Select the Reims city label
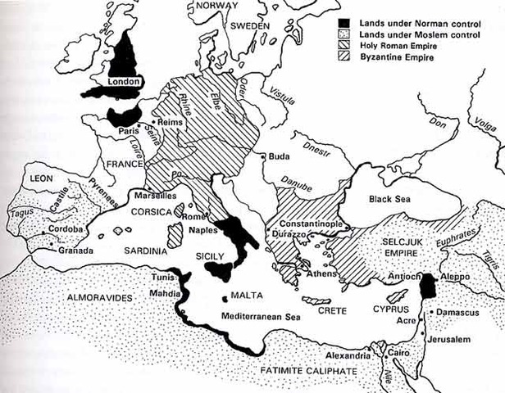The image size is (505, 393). pyautogui.click(x=171, y=120)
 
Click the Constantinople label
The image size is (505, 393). pyautogui.click(x=315, y=223)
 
